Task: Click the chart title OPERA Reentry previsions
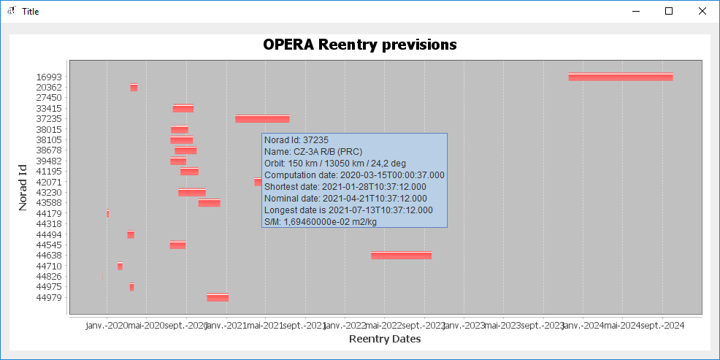coord(360,45)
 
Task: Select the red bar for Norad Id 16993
coord(621,77)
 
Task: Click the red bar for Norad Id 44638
coord(401,255)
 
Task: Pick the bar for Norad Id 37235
coord(262,118)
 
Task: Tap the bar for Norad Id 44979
coord(218,297)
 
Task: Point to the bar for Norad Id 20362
coord(134,88)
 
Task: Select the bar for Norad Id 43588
coord(209,202)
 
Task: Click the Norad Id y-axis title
coord(23,187)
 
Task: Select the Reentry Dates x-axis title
coord(385,339)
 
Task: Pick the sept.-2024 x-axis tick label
coord(662,326)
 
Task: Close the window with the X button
coord(702,11)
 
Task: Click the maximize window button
coord(669,11)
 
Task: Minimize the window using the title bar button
coord(635,11)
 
